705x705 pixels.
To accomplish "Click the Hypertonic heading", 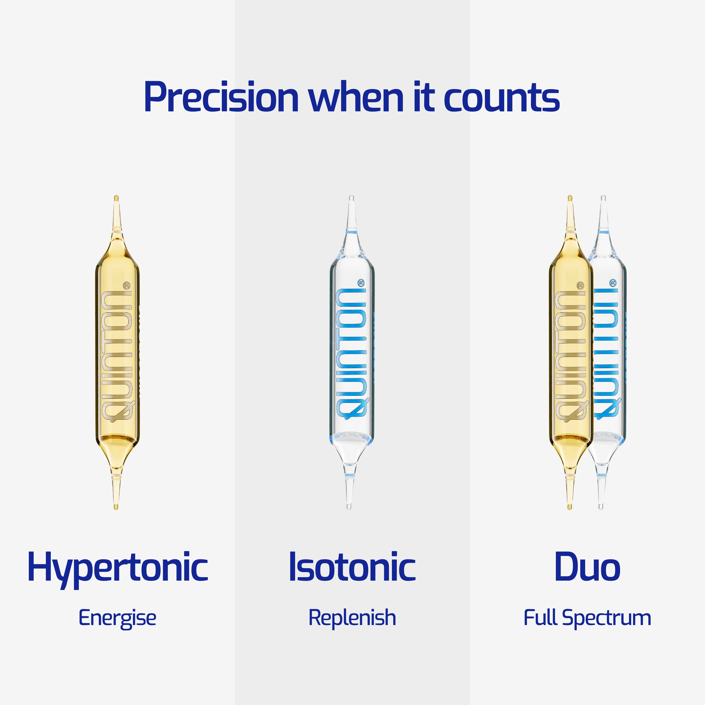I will (117, 567).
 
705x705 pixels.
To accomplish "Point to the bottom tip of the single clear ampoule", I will (349, 506).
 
